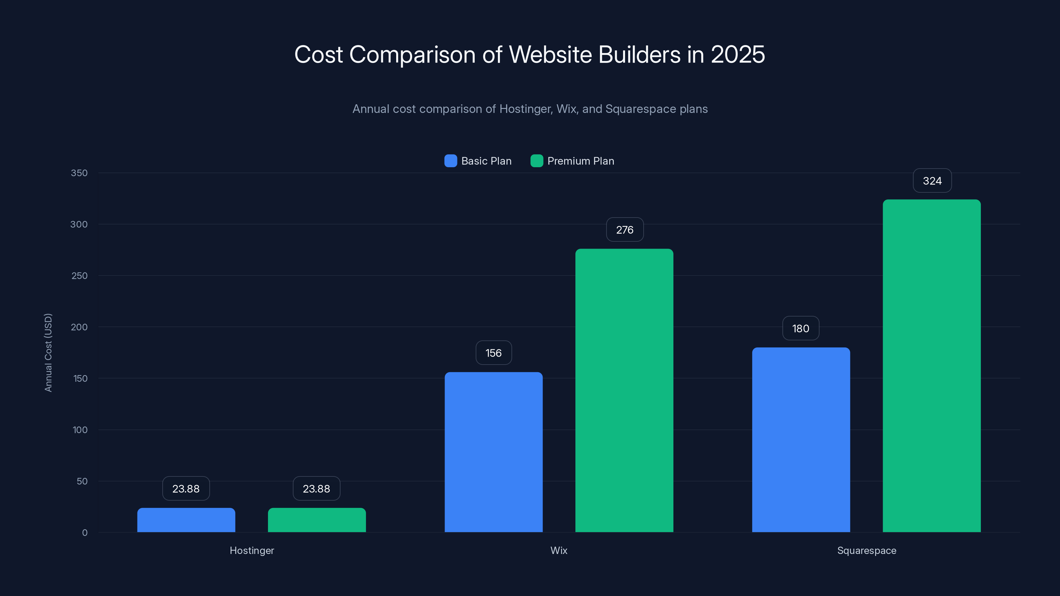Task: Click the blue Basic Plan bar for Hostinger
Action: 186,520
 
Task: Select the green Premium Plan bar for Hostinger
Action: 317,520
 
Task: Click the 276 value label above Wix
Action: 625,229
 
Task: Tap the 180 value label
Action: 800,328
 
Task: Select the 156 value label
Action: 493,353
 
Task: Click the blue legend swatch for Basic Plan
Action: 450,161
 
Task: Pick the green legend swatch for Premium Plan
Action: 537,161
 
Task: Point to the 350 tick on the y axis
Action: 79,173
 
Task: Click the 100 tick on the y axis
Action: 80,430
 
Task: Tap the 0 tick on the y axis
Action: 85,533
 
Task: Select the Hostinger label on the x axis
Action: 251,550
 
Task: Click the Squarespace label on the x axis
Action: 867,550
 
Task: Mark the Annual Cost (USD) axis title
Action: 48,353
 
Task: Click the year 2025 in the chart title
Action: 737,54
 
